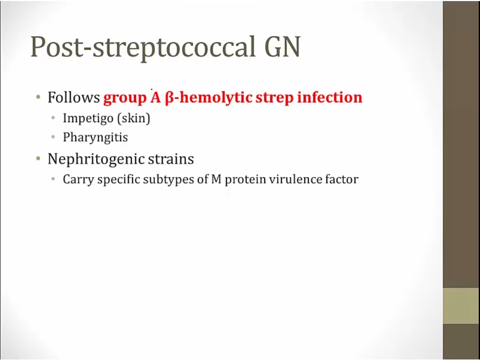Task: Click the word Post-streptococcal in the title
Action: coord(142,47)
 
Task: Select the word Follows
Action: coord(74,98)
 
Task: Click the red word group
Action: coord(125,99)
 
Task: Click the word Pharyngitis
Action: coord(95,138)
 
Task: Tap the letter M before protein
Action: coord(216,179)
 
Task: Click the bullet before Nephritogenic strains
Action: coord(38,158)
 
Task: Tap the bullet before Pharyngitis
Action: coord(53,137)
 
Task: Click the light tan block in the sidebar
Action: coord(461,306)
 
